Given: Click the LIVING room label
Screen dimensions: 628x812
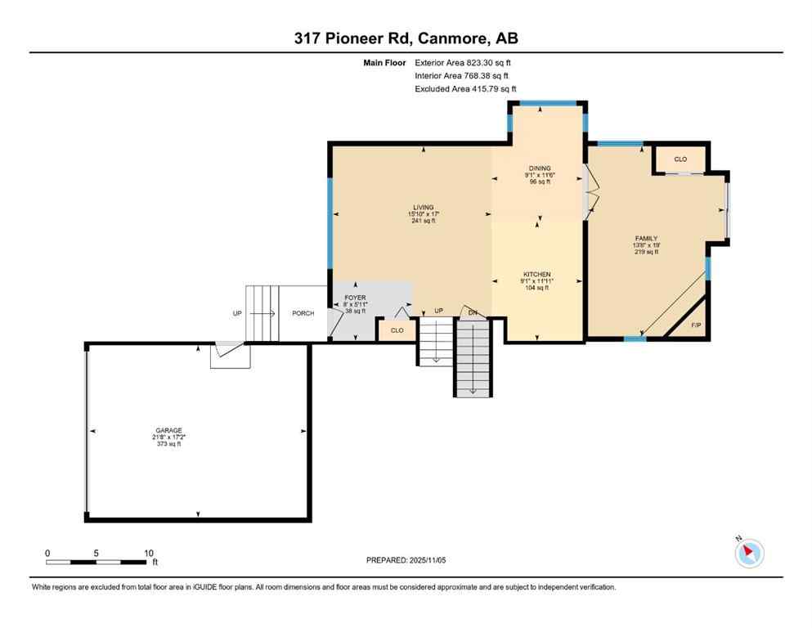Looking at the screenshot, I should (423, 208).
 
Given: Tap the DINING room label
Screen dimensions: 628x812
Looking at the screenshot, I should (539, 168).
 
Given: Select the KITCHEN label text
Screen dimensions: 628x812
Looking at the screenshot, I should (537, 275).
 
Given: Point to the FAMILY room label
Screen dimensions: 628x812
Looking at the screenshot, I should (645, 239).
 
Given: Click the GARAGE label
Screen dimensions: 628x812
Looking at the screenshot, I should (169, 430).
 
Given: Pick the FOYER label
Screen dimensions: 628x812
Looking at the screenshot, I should (355, 298).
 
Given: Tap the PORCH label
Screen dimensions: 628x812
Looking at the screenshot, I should (303, 313).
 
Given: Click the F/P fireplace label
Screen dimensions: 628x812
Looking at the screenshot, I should (696, 325).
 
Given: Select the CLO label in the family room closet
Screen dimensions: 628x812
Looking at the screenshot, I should (680, 159).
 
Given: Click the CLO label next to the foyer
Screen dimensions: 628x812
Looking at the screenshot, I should (397, 330).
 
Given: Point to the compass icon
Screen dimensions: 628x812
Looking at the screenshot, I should (749, 554).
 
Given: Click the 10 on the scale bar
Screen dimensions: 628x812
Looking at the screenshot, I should (148, 553).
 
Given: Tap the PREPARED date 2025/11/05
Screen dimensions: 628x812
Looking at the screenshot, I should (406, 560).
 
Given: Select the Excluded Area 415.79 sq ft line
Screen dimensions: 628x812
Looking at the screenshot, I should (465, 88).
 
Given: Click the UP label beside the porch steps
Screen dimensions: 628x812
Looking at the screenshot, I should (237, 313).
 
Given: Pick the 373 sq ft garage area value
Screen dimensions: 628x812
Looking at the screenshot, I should (169, 444).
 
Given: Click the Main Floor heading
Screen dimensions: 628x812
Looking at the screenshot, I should (384, 62).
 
